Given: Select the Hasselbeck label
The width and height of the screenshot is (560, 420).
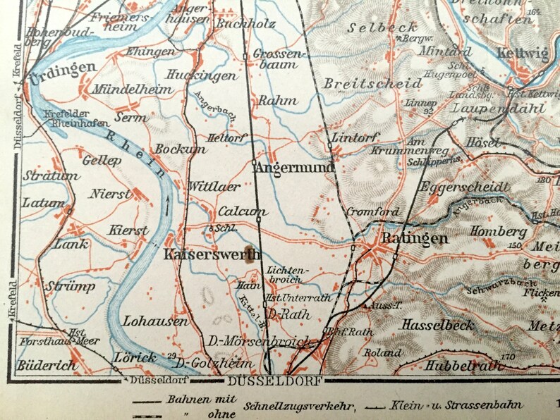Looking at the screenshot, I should [x=438, y=326].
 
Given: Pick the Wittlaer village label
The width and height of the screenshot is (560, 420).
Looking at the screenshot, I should [x=214, y=187].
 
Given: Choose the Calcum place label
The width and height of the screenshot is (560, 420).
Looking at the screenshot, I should [x=242, y=211].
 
